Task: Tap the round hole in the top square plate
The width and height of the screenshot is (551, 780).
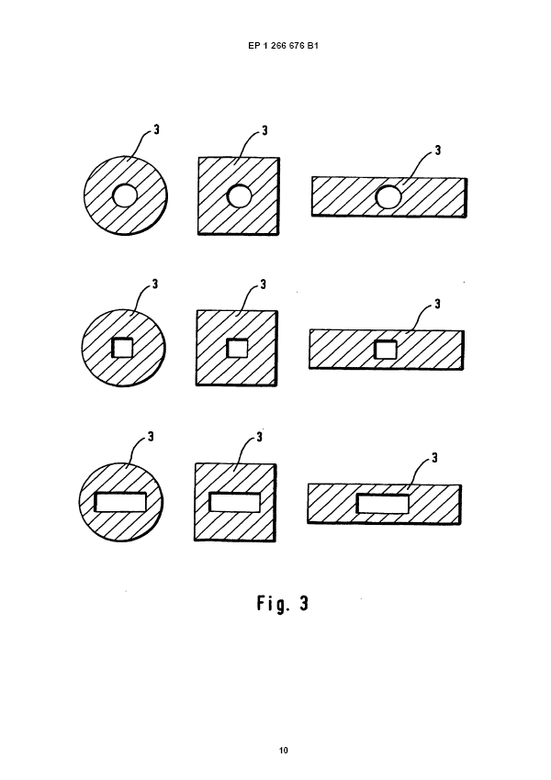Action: tap(239, 196)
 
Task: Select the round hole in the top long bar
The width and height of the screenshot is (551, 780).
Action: tap(388, 196)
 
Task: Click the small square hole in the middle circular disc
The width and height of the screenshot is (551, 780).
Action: tap(122, 348)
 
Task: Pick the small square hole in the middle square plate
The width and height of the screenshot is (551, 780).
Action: tap(237, 349)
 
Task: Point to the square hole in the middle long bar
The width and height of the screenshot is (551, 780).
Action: tap(386, 349)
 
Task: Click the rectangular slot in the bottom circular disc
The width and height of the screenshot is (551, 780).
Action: tap(121, 501)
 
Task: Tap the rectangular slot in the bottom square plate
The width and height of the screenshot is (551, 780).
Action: tap(235, 502)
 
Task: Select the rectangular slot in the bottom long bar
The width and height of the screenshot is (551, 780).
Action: tap(383, 503)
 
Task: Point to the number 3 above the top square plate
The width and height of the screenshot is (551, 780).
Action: tap(264, 131)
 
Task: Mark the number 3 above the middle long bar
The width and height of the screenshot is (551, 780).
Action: tap(437, 304)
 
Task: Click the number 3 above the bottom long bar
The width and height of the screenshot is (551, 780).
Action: tap(434, 457)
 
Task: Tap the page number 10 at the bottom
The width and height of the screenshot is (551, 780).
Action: tap(284, 751)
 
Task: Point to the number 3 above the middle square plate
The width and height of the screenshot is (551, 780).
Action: tap(264, 284)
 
